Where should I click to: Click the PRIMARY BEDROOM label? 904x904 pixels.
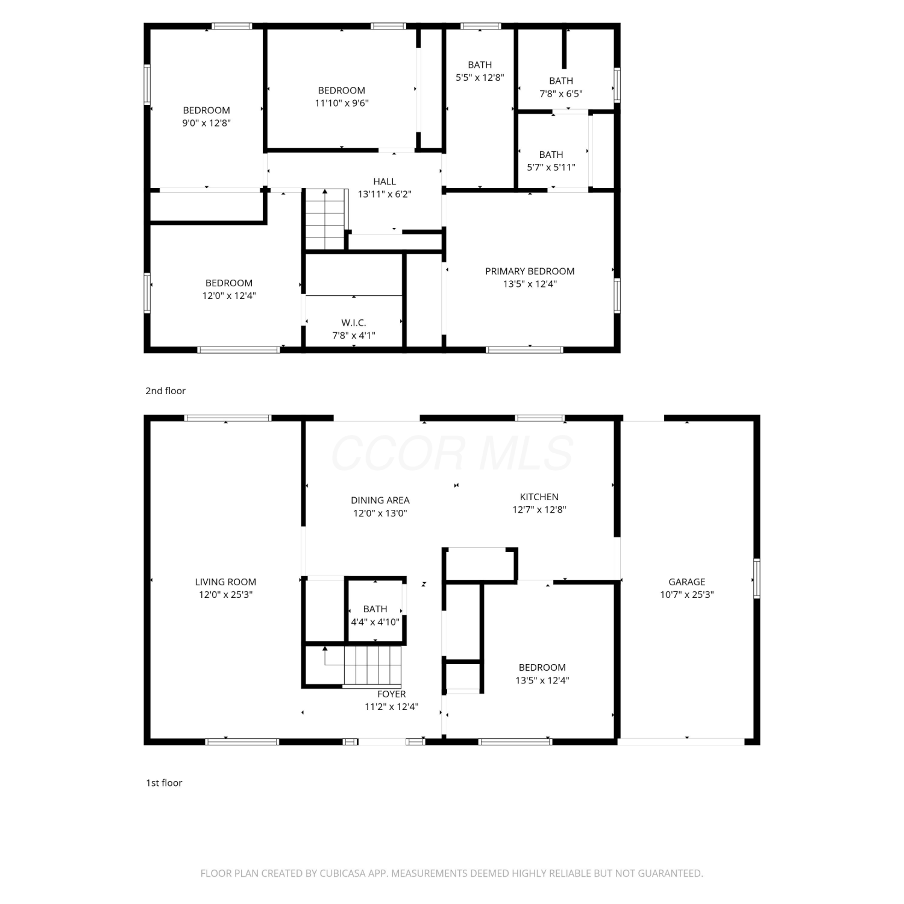coord(530,271)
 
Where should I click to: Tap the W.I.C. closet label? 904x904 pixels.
coord(354,323)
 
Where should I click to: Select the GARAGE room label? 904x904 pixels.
coord(686,582)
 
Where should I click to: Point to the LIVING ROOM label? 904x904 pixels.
coord(225,582)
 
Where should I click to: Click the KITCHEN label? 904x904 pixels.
coord(539,497)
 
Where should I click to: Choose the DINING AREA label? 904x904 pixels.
coord(380,500)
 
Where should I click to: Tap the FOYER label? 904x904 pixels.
coord(392,694)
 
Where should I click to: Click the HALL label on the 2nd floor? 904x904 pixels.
coord(385,181)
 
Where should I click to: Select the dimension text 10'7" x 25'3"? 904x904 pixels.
coord(686,595)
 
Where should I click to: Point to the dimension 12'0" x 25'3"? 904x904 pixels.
coord(225,595)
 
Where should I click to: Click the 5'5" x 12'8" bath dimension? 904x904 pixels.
coord(480,78)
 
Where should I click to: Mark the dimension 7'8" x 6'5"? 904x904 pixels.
coord(560,94)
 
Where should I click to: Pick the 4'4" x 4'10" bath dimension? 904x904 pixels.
coord(375,622)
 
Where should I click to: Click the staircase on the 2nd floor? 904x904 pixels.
coord(325,219)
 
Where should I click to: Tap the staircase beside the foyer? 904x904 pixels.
coord(363,666)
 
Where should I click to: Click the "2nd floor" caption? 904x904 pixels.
coord(165,391)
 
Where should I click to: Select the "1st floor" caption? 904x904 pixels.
coord(164,783)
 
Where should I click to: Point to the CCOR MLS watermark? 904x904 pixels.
coord(452,453)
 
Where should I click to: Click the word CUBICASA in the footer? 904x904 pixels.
coord(342,873)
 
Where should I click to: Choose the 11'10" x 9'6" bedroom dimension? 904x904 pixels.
coord(342,103)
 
